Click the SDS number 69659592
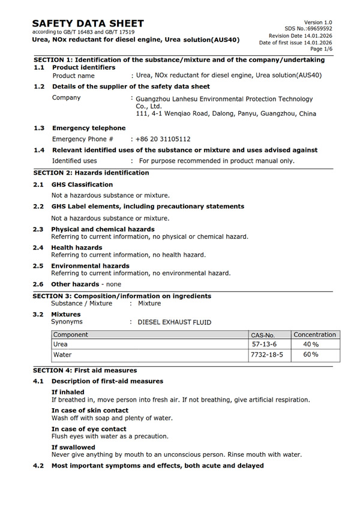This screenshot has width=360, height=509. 318,28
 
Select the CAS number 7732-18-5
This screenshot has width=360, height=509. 267,355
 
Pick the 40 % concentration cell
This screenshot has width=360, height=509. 311,345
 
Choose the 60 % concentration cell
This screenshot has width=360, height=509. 311,355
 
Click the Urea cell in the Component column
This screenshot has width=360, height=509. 61,345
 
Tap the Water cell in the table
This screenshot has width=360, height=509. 62,355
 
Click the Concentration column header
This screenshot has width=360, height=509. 315,334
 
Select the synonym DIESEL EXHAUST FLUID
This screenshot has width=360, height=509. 174,322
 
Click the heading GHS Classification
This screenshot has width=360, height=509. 82,184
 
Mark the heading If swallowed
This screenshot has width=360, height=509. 73,447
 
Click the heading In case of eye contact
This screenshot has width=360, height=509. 89,429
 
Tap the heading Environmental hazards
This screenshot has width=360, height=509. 90,265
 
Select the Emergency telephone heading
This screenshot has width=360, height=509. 89,128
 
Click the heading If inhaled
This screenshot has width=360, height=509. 68,392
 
